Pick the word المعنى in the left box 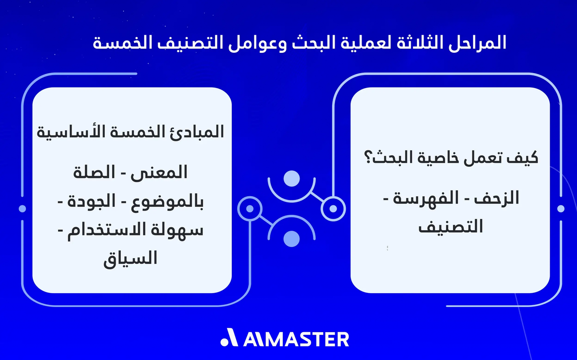163,173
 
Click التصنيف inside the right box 450,226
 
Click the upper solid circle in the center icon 291,179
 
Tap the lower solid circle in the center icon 291,238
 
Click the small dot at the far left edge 22,209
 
